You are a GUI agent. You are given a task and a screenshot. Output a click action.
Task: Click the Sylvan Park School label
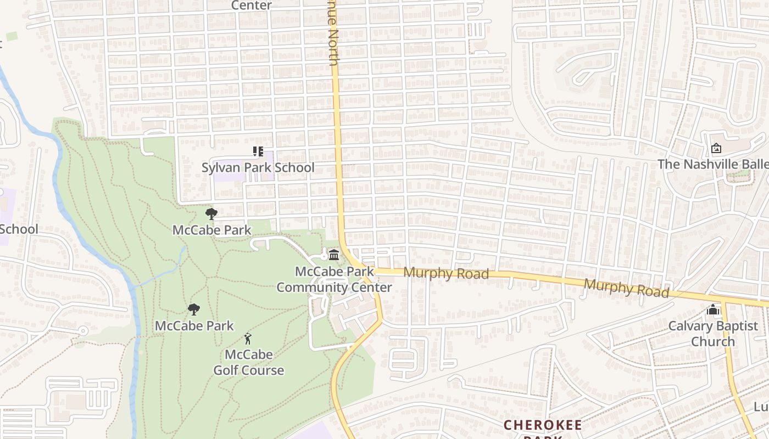pos(258,167)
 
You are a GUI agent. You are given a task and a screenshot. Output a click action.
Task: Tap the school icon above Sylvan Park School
pos(258,151)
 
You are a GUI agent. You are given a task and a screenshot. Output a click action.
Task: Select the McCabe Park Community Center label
pos(334,279)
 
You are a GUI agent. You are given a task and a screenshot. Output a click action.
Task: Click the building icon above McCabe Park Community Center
pos(333,255)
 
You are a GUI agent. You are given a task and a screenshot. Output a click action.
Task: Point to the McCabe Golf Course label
pos(249,362)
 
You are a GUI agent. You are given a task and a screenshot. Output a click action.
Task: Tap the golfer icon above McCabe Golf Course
pos(248,338)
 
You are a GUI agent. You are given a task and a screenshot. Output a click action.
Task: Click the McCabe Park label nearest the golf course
pos(194,325)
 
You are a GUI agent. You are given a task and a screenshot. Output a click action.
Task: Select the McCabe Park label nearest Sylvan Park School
pos(211,230)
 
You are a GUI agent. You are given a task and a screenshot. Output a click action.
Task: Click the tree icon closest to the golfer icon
pos(193,309)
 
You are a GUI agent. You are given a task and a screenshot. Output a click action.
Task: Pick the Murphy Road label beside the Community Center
pos(446,273)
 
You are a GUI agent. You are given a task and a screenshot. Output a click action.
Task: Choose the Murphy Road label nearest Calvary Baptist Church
pos(626,288)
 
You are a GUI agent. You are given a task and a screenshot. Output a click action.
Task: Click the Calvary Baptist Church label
pos(713,334)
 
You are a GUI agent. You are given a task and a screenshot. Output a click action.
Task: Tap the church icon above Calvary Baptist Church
pos(713,310)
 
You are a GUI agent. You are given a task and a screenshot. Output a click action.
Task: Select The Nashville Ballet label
pos(713,164)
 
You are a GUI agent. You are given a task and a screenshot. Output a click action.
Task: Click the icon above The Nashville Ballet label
pos(716,148)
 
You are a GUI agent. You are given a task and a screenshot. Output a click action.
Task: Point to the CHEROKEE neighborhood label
pos(543,425)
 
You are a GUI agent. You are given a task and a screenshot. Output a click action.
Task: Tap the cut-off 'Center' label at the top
pos(251,5)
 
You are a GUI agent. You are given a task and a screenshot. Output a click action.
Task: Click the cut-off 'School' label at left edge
pos(19,229)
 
